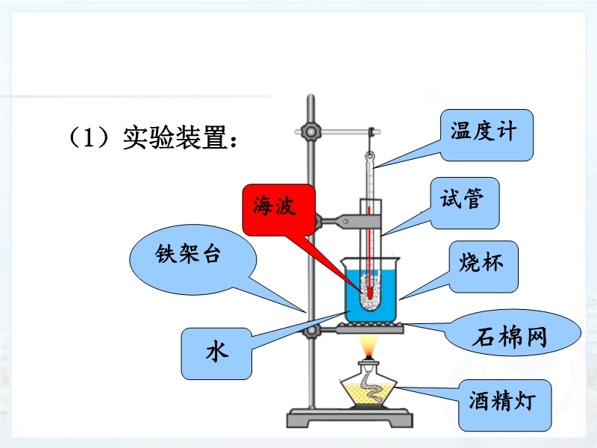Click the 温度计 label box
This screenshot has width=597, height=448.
point(487,135)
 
